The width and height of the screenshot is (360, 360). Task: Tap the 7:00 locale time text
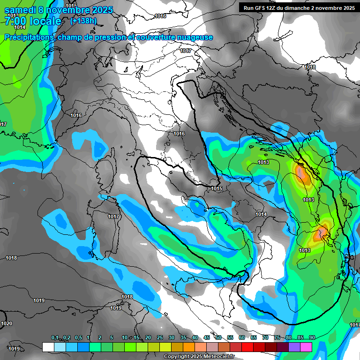33,22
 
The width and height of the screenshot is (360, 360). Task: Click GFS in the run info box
269,8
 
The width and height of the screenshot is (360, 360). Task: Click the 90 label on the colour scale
312,338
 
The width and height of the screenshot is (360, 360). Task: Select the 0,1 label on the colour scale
55,338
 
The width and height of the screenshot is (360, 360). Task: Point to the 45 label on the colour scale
207,338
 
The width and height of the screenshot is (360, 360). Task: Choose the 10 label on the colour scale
125,338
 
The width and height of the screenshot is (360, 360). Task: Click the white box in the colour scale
48,347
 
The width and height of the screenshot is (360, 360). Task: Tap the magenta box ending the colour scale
306,347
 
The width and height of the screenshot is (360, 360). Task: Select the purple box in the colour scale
294,347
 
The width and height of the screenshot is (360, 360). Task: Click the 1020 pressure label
7,324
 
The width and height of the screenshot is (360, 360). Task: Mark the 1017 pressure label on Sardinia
114,217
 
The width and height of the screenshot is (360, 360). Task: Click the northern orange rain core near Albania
301,174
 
